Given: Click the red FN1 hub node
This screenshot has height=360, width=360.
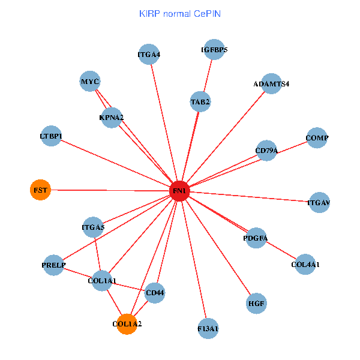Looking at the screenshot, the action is click(180, 191).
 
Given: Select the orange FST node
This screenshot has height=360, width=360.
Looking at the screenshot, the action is click(40, 190).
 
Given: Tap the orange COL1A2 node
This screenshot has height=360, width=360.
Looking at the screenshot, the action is click(127, 324).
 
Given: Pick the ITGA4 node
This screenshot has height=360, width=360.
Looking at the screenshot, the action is click(149, 55).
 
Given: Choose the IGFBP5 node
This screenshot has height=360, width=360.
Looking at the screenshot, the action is click(214, 50).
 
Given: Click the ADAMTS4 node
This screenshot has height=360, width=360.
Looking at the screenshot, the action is click(271, 83).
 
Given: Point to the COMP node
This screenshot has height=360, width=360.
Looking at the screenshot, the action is click(317, 138).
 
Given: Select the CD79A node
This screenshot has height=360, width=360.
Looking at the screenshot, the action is click(266, 151).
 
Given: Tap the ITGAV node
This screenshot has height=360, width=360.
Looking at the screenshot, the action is click(319, 203).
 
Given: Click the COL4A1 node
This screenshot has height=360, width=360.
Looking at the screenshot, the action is click(305, 264).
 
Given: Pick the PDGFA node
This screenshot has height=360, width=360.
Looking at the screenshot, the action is click(256, 238).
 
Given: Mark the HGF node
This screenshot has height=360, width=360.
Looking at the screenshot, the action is click(257, 303).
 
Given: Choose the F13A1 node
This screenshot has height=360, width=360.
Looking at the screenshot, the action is click(208, 328).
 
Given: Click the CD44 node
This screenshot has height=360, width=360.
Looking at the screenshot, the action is click(155, 293).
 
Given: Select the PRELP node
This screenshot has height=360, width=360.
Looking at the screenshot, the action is click(53, 265).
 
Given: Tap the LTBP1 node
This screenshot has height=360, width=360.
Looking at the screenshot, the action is click(51, 136).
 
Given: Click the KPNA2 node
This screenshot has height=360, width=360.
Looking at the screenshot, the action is click(112, 117).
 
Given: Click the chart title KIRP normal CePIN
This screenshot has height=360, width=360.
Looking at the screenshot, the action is click(179, 13).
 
